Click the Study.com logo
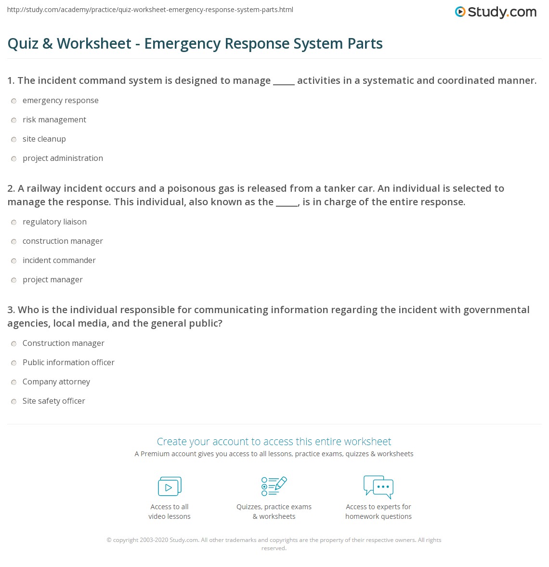coord(496,12)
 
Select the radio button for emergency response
coord(13,101)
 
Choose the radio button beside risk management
coord(13,120)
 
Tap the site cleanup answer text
coord(44,139)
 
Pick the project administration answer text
coord(63,158)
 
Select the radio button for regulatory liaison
coord(13,222)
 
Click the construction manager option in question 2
coord(63,241)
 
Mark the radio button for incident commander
coord(13,261)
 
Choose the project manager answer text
coord(52,279)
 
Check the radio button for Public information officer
coord(13,363)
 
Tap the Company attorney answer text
coord(56,382)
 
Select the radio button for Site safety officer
coord(13,401)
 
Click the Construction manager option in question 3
coord(63,343)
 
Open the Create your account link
coord(274,441)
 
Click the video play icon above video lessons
coord(170,487)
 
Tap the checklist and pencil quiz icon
coord(274,486)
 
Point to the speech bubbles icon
coord(379,487)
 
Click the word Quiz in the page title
coord(23,43)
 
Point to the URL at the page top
coord(150,10)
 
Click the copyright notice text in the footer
coord(274,543)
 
